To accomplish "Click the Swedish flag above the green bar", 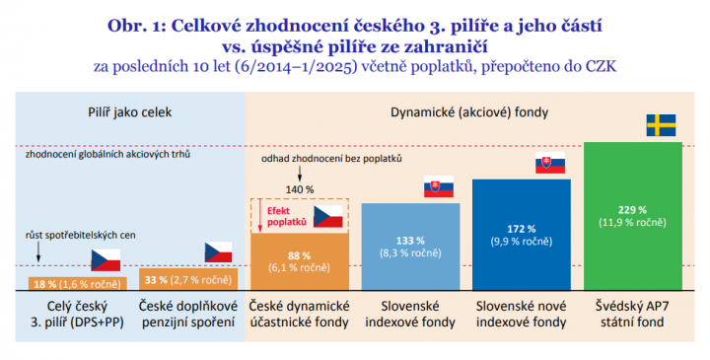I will (660, 125).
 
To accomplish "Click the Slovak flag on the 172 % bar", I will (550, 165).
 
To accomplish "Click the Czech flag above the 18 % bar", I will (106, 260).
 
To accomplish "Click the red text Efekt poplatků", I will (283, 217).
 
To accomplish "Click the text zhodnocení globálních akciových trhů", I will (108, 155).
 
